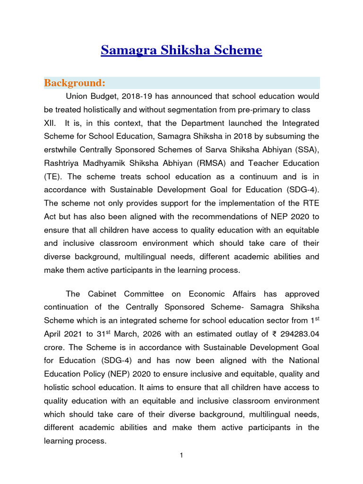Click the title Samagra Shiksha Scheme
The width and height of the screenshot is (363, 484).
[181, 50]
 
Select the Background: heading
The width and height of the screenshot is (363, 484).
[74, 83]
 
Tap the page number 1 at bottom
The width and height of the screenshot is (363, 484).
[181, 455]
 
